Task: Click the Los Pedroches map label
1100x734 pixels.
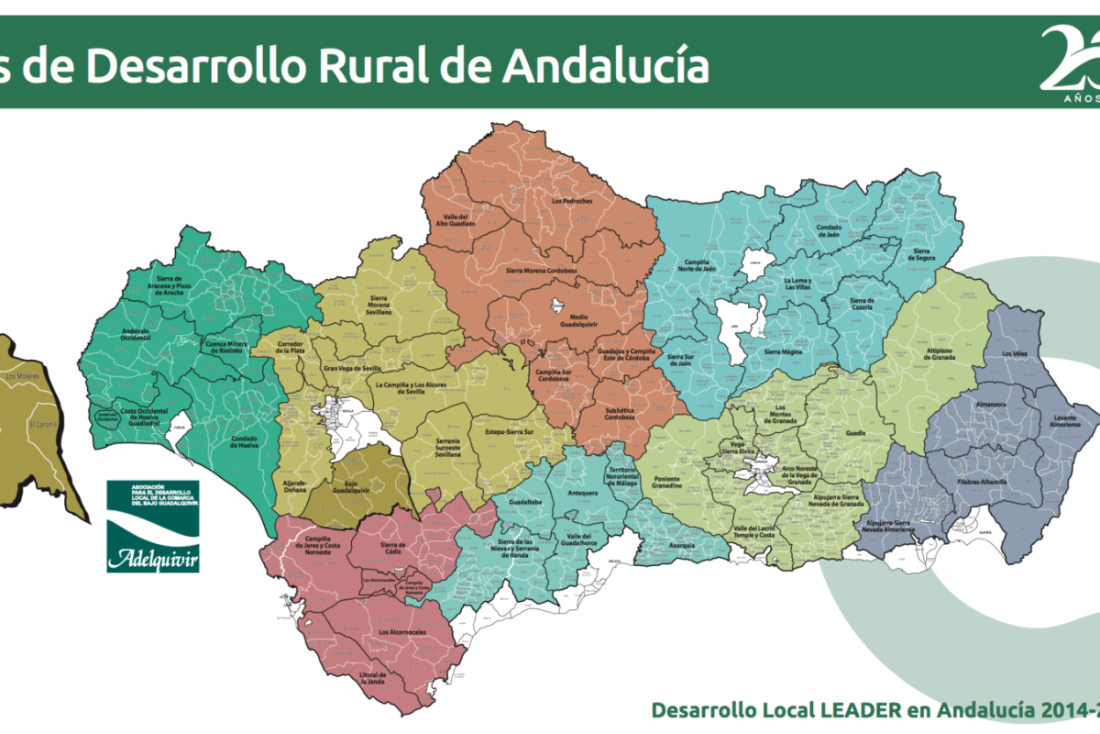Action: coord(572,201)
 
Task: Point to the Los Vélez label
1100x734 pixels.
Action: coord(1014,353)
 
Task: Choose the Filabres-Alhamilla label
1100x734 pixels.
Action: coord(982,481)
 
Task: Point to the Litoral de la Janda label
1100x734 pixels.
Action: coord(374,678)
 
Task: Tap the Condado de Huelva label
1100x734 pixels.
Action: coord(243,442)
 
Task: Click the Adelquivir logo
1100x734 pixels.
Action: coord(152,527)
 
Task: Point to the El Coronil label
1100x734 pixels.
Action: coord(42,425)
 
